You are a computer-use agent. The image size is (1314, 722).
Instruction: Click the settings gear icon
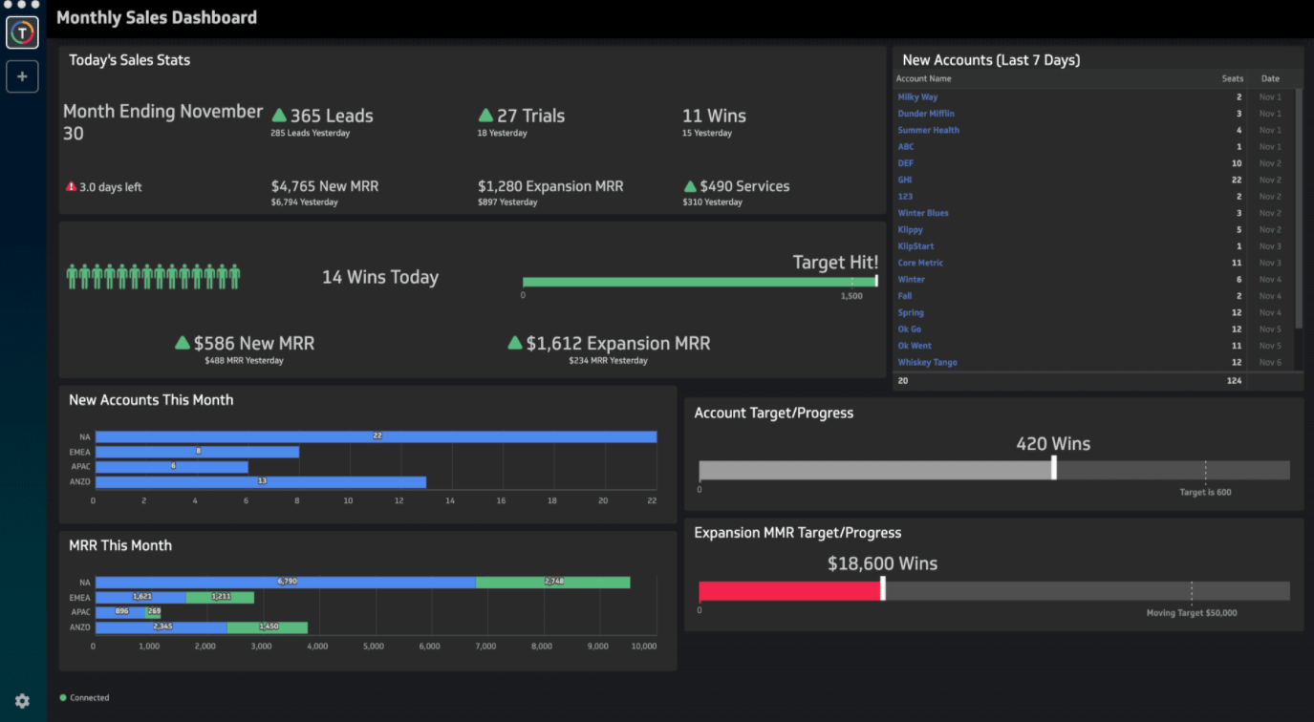click(x=22, y=701)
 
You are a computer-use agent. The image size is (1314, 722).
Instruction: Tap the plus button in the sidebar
click(x=22, y=76)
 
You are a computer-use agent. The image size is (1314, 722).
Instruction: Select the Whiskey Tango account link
click(x=927, y=362)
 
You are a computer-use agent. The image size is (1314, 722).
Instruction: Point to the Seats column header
click(x=1232, y=78)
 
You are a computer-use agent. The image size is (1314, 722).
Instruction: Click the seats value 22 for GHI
click(x=1236, y=180)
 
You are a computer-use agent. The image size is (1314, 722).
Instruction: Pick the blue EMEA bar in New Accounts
click(x=197, y=452)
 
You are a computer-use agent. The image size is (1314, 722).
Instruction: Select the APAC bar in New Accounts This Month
click(x=172, y=467)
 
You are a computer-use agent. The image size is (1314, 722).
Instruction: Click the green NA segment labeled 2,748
click(x=552, y=582)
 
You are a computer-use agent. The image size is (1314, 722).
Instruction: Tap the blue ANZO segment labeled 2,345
click(x=162, y=627)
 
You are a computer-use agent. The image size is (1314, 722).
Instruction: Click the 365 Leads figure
click(x=331, y=116)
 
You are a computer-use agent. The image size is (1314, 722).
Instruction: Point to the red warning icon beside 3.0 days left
click(x=71, y=186)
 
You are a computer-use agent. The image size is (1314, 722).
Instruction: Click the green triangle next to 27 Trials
click(x=485, y=116)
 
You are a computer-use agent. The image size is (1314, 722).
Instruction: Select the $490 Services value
click(x=744, y=186)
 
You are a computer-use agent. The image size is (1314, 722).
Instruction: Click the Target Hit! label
click(x=834, y=263)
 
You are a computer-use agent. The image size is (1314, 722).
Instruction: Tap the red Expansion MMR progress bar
click(x=789, y=591)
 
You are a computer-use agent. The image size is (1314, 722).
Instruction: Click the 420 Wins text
click(x=1052, y=443)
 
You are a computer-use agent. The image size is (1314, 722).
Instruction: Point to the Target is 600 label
click(x=1205, y=493)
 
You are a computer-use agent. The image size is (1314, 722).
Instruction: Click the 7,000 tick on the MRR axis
click(x=485, y=647)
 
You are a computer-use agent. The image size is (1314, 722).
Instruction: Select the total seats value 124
click(x=1234, y=381)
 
